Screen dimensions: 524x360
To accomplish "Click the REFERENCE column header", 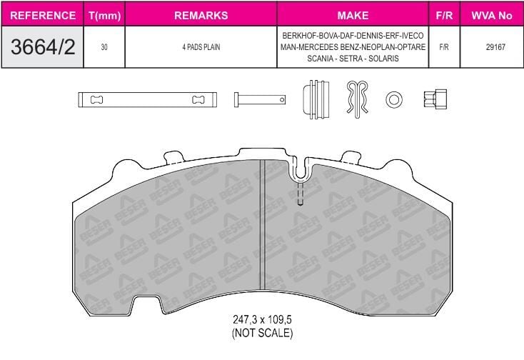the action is pos(43,16).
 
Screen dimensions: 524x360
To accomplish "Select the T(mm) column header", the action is pos(105,16).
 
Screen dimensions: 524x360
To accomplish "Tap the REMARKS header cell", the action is pos(201,16).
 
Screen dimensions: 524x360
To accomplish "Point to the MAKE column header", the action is pos(353,16).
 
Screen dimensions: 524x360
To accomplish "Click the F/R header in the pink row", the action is pos(444,16).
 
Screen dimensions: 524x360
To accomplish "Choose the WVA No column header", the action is pos(492,16).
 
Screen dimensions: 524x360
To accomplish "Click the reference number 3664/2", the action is pos(43,47).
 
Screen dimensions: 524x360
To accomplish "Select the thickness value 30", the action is pos(104,47).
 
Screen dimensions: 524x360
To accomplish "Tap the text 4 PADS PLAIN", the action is pos(201,47).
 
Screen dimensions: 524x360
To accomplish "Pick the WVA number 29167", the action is pos(495,47).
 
